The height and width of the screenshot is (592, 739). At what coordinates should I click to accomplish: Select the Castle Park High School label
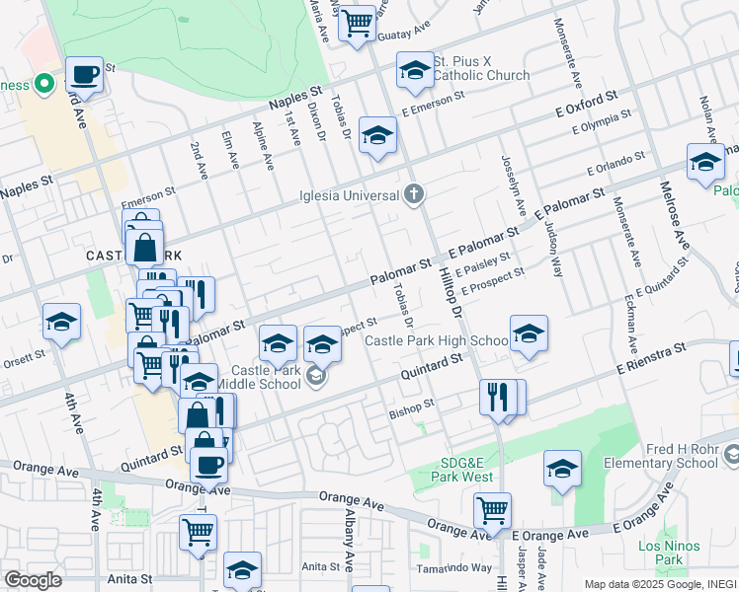pyautogui.click(x=436, y=341)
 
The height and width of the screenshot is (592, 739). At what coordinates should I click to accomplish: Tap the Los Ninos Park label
pyautogui.click(x=669, y=553)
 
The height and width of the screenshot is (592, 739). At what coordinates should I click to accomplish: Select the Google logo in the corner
pyautogui.click(x=33, y=580)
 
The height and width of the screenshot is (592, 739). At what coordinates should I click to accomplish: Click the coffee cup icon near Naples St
pyautogui.click(x=85, y=74)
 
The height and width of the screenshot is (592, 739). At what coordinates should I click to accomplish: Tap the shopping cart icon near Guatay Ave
pyautogui.click(x=357, y=21)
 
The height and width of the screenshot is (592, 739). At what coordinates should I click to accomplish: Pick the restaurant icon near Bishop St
pyautogui.click(x=498, y=398)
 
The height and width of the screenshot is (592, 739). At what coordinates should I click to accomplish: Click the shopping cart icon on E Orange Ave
pyautogui.click(x=492, y=510)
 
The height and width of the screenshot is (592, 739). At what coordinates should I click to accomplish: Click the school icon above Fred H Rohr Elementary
pyautogui.click(x=562, y=469)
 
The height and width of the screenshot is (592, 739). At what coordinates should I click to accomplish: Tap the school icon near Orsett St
pyautogui.click(x=61, y=323)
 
